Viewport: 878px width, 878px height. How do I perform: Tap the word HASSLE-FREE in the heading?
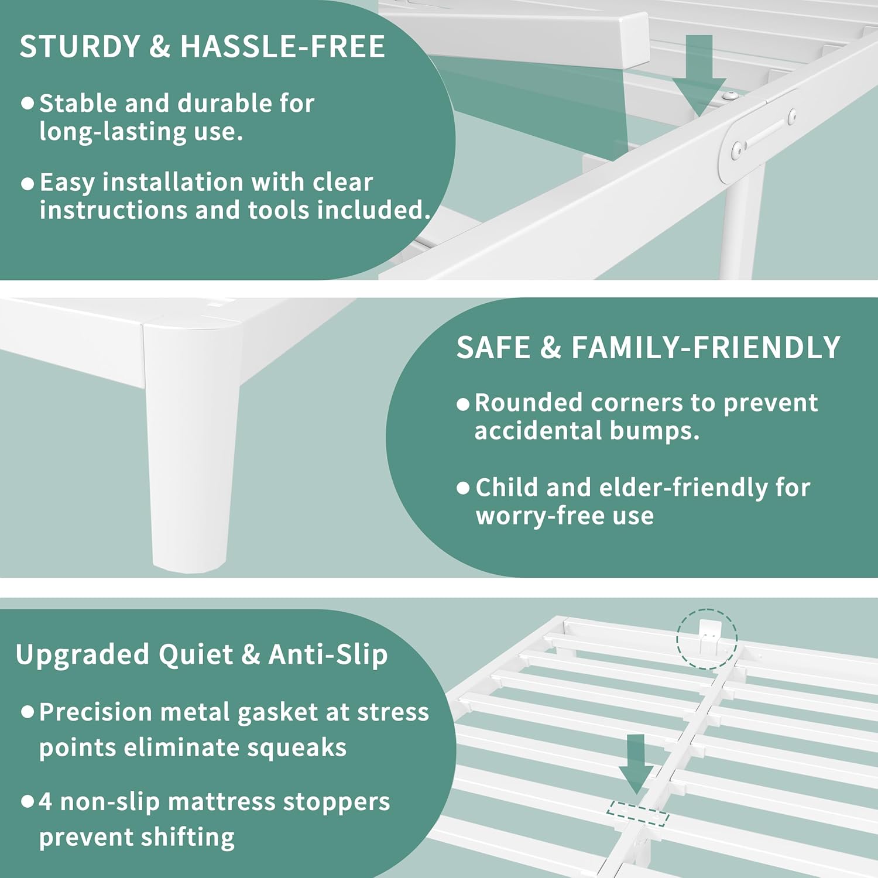click(283, 47)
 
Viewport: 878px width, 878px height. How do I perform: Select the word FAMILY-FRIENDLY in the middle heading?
click(705, 348)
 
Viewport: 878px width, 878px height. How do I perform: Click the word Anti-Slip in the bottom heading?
click(328, 654)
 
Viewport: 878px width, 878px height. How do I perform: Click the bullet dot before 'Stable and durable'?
click(27, 104)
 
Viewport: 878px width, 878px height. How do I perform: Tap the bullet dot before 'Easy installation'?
click(27, 184)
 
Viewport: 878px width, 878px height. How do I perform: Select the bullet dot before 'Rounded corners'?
click(463, 404)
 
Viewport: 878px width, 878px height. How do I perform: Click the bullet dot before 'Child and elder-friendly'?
click(463, 488)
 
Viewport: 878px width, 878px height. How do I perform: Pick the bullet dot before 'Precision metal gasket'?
click(27, 712)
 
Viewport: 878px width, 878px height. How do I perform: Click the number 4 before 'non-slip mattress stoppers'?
click(46, 802)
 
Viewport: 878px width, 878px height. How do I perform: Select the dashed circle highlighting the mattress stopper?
click(706, 639)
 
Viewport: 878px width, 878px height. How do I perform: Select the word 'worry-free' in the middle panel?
click(511, 516)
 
